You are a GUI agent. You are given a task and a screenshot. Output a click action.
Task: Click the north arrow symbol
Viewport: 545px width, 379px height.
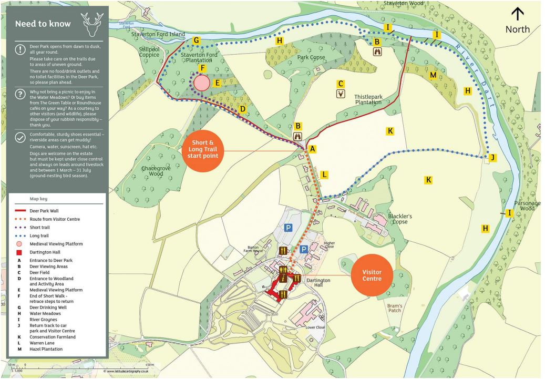point(517,14)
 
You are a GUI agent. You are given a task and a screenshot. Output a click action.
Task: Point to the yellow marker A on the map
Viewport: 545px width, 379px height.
point(313,149)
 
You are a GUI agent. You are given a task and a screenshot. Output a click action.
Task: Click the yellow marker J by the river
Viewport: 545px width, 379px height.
point(492,157)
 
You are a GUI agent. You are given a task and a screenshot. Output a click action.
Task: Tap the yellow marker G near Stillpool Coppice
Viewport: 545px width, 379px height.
point(197,40)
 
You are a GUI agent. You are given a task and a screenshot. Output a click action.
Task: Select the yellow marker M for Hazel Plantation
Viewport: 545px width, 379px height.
point(433,75)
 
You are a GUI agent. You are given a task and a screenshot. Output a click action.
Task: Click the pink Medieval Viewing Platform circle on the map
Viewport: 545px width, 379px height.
point(201,83)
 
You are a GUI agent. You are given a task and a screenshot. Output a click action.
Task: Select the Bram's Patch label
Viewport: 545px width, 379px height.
point(395,308)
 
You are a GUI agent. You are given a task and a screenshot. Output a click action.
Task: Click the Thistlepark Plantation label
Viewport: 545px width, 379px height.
point(368,100)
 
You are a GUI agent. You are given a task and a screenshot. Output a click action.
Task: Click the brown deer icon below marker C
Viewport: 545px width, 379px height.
point(341,94)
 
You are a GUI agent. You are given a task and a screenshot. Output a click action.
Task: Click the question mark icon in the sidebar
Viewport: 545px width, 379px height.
point(20,94)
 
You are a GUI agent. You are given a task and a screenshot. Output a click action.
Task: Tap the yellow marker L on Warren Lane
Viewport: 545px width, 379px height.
point(324,174)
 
